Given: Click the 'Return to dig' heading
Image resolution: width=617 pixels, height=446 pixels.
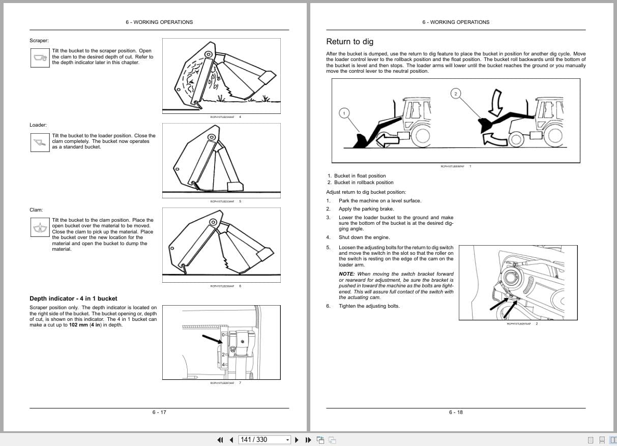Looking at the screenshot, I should (x=349, y=42).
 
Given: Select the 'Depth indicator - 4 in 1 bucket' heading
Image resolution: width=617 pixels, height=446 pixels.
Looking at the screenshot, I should (x=73, y=299).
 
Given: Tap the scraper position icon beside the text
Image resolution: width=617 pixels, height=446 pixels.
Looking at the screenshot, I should (x=40, y=57).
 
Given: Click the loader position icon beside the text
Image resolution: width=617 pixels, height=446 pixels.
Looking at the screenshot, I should (x=40, y=142).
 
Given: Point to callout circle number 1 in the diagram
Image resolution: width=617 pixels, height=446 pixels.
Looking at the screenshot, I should (x=344, y=113).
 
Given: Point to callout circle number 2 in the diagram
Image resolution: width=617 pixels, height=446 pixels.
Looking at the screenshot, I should (x=456, y=93).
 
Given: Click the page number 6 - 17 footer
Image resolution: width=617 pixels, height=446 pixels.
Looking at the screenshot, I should (x=159, y=412).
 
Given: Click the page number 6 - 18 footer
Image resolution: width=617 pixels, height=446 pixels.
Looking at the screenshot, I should (x=456, y=412).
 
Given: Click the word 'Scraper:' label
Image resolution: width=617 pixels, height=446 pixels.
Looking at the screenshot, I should (x=39, y=40).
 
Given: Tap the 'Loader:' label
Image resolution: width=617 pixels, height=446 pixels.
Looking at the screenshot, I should (x=38, y=125).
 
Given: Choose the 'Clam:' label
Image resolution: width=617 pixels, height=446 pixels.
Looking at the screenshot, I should (x=36, y=210).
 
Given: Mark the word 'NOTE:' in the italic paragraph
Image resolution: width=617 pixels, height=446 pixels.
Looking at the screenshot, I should (x=347, y=274).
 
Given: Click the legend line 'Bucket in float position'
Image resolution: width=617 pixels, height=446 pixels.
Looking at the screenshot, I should (x=360, y=176).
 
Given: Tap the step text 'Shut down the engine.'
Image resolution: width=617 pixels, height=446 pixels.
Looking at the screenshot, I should (x=364, y=237).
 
